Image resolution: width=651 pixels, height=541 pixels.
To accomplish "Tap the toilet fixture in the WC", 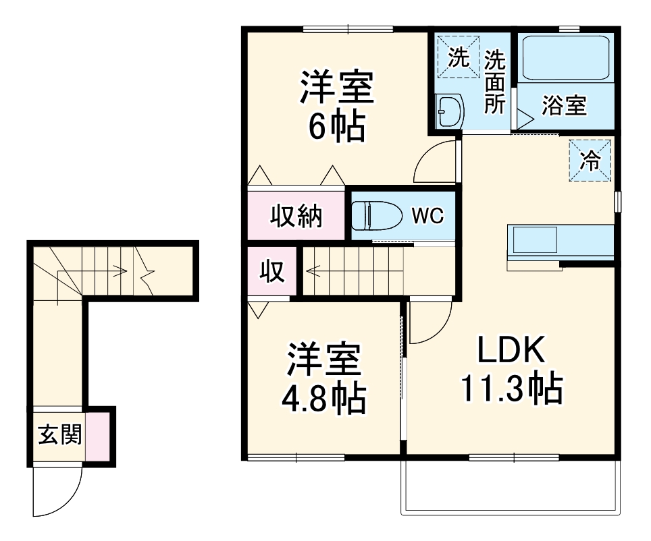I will (368, 216).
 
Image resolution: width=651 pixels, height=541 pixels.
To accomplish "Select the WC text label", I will (427, 217).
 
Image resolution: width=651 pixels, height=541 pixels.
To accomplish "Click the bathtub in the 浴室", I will (566, 58).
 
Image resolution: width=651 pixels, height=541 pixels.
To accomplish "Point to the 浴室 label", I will (565, 105).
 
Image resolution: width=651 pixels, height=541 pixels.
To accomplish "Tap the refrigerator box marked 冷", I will (590, 161).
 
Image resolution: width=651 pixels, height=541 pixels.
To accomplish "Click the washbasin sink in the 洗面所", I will (448, 109).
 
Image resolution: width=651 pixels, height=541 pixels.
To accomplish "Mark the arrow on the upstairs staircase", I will (317, 273).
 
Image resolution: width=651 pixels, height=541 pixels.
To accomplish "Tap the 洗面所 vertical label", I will (495, 81).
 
